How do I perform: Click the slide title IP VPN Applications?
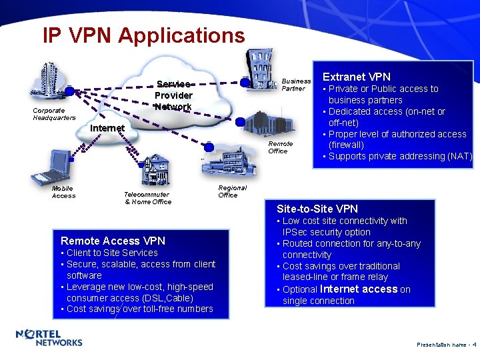(x=143, y=35)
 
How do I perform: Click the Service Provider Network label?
(x=174, y=95)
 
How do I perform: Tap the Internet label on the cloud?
(x=107, y=127)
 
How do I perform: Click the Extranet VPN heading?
(x=357, y=77)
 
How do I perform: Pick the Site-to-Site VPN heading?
(x=317, y=209)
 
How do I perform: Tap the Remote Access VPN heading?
(x=113, y=241)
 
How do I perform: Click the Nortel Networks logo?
(x=49, y=338)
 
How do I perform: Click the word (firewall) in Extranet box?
(x=346, y=145)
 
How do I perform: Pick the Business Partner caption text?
(x=296, y=85)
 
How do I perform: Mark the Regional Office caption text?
(x=232, y=191)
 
